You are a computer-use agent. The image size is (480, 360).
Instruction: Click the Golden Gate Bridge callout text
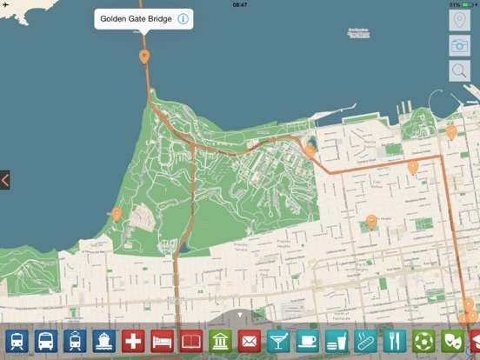point(135,19)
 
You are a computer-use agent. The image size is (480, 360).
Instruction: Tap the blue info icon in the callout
point(183,19)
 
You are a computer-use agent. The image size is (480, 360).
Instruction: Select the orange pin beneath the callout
point(143,57)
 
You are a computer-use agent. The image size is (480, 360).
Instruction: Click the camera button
point(459,46)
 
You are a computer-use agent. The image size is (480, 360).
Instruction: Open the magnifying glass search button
point(459,71)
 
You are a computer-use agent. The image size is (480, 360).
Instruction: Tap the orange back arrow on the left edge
point(5,180)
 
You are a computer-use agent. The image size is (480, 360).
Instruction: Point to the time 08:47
point(240,4)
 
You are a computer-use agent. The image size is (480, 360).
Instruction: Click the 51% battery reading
point(454,4)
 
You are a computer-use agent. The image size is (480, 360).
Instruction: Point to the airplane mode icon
point(7,4)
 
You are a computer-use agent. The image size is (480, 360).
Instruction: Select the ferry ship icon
point(104,340)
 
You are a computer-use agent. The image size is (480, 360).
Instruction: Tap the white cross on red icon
point(133,340)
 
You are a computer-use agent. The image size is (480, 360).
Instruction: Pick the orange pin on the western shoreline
point(117,213)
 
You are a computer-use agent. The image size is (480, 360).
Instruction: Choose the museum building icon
point(220,340)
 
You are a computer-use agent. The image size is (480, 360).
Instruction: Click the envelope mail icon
point(250,340)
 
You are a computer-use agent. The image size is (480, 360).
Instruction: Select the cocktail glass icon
point(278,340)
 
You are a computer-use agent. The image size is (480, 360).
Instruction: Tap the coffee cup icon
point(307,340)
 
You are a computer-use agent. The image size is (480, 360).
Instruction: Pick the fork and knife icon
point(394,340)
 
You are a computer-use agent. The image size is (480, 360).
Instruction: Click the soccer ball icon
point(423,340)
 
